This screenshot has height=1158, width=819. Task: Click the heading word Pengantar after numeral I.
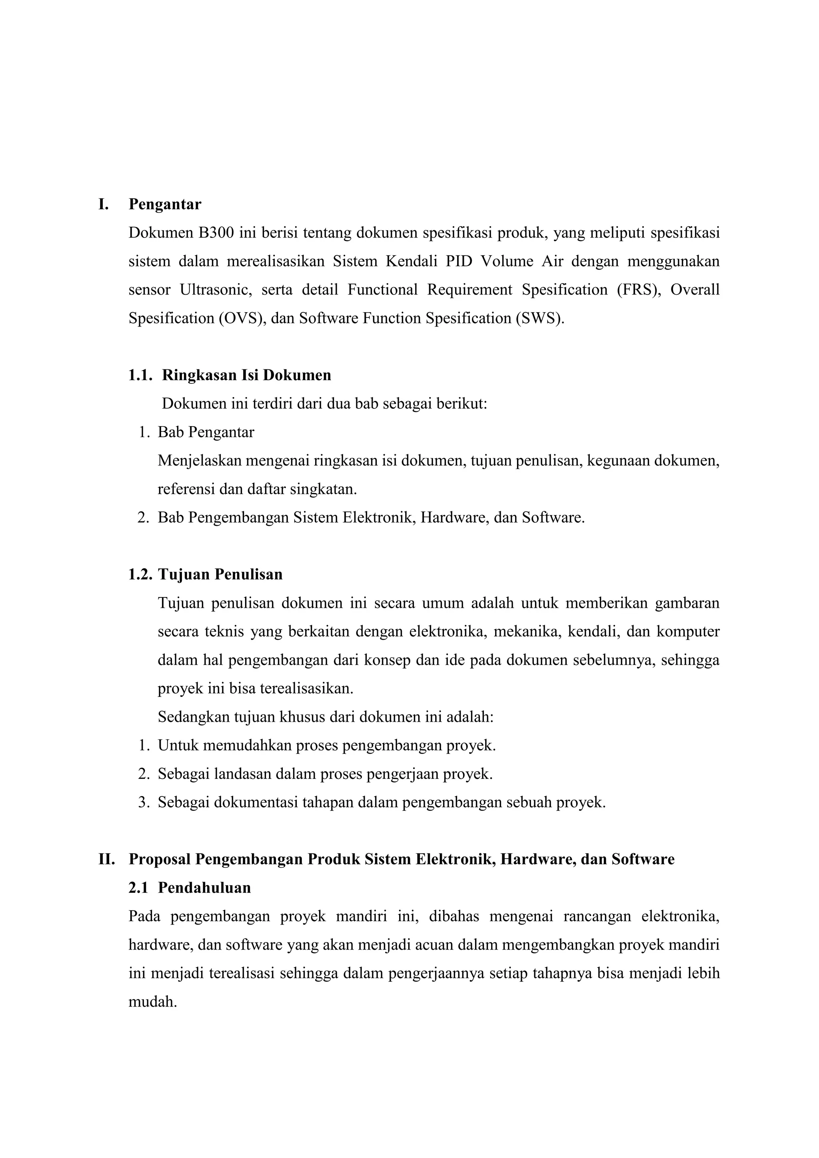(x=165, y=204)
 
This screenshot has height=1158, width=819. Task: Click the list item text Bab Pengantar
(x=206, y=432)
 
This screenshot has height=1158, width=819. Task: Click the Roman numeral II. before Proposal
(x=106, y=859)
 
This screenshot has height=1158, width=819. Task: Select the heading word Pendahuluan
(x=204, y=888)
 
